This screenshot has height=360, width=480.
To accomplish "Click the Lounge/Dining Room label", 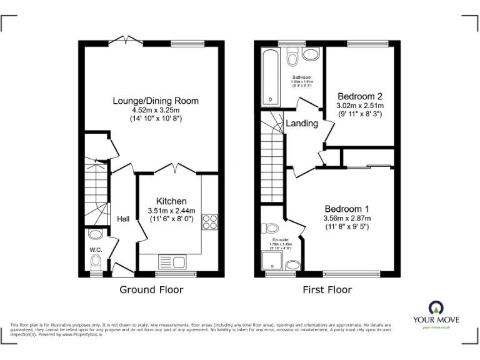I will pyautogui.click(x=156, y=100).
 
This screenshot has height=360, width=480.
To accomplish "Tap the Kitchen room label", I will pyautogui.click(x=171, y=201).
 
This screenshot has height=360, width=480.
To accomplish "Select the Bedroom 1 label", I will pyautogui.click(x=347, y=209).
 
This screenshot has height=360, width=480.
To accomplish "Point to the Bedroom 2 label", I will pyautogui.click(x=359, y=96).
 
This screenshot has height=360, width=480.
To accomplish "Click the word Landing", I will pyautogui.click(x=302, y=124).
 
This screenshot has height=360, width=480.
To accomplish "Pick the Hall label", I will pyautogui.click(x=123, y=219).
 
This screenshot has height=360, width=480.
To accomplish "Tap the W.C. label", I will pyautogui.click(x=96, y=250).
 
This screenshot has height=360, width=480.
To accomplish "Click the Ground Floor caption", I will pyautogui.click(x=151, y=290).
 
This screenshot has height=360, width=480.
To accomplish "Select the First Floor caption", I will pyautogui.click(x=327, y=290).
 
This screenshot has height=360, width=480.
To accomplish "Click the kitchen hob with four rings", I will pyautogui.click(x=209, y=222).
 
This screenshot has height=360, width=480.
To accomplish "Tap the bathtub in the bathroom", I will pyautogui.click(x=271, y=77).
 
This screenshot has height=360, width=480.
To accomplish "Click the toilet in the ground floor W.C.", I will pyautogui.click(x=95, y=235).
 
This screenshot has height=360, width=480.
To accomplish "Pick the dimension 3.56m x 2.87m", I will pyautogui.click(x=347, y=218).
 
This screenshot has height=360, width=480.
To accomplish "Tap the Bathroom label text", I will pyautogui.click(x=302, y=77).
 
